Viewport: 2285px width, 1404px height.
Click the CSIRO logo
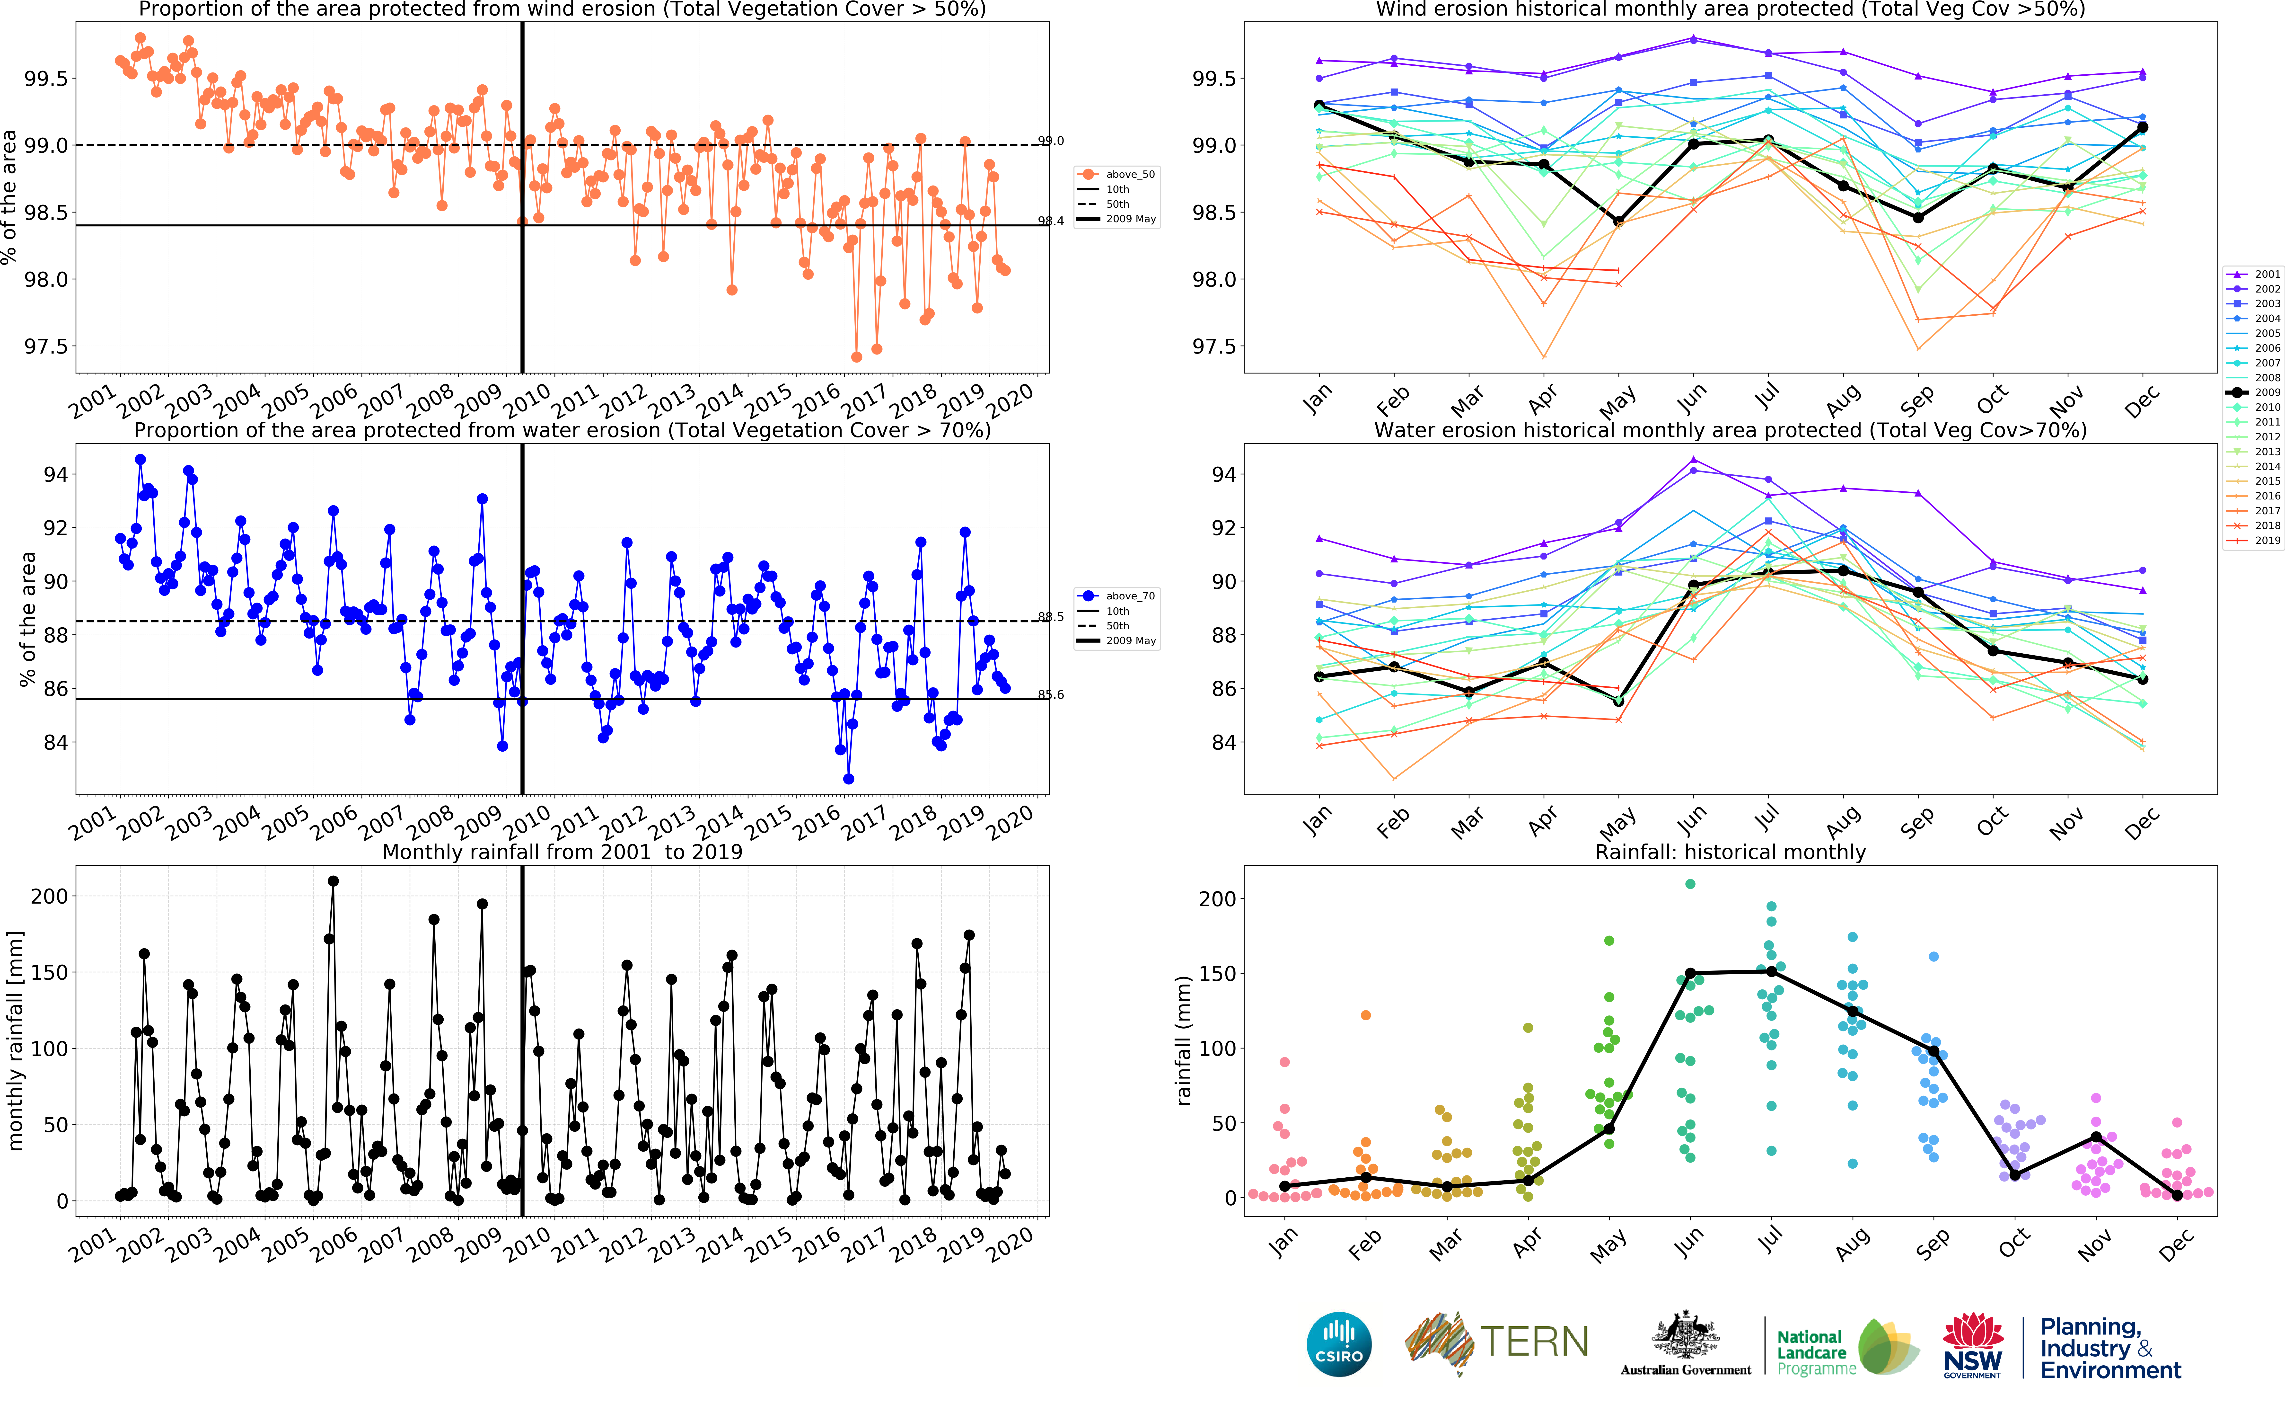1338,1345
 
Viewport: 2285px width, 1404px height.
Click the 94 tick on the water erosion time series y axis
56,474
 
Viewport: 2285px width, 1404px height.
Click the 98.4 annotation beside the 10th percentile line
1051,221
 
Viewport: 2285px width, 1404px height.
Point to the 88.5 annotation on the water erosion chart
1051,617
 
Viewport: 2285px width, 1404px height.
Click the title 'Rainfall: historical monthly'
1730,852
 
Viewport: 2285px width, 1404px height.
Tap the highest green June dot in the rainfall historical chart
1690,884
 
